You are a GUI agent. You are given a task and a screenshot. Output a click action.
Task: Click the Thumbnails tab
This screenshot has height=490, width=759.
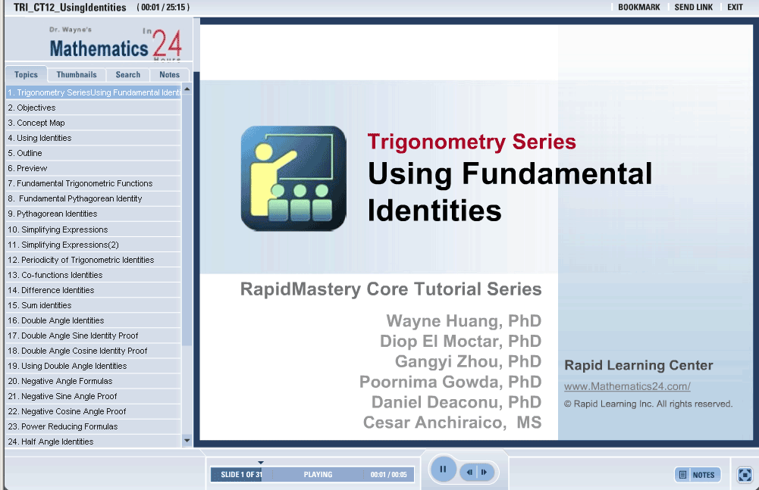77,74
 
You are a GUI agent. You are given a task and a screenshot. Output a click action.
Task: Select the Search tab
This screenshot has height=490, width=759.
128,74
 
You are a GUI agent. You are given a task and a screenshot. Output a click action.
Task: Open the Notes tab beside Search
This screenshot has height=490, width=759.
169,74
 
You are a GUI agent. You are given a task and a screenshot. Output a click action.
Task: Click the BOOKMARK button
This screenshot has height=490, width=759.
639,8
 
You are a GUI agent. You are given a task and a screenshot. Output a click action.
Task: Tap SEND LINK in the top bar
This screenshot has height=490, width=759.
694,8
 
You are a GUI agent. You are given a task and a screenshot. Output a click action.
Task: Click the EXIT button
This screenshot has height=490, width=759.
735,8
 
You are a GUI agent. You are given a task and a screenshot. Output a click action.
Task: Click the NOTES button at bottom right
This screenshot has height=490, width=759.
698,475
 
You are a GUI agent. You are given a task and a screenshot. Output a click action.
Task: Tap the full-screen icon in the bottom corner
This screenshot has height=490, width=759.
745,475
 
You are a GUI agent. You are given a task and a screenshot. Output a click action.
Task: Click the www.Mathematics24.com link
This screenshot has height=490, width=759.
627,386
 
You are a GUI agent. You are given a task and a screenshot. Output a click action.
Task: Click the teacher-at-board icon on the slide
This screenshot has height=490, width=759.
293,179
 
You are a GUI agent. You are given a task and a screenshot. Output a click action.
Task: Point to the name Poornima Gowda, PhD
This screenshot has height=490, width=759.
450,382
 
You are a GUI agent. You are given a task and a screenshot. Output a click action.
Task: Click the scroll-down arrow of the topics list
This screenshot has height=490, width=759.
187,441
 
